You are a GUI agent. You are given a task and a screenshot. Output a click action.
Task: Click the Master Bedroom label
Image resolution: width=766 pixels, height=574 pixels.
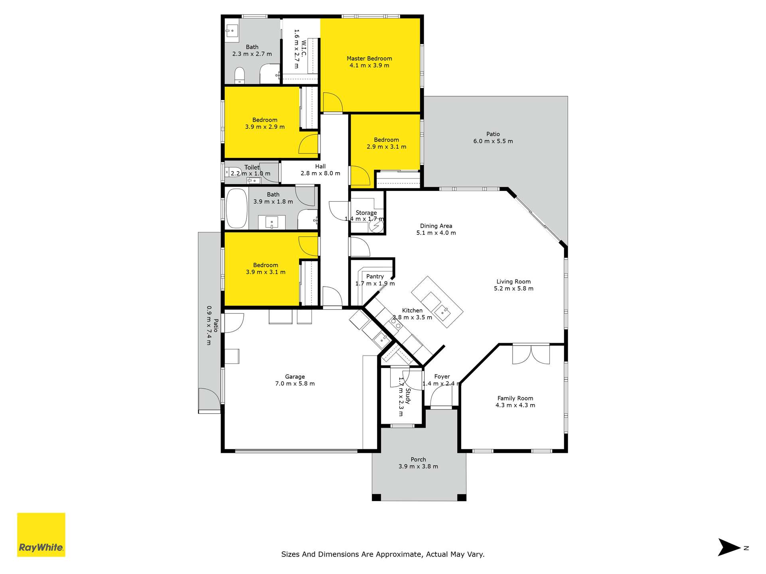(x=369, y=59)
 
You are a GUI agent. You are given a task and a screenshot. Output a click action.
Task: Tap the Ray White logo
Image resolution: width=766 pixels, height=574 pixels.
(x=41, y=535)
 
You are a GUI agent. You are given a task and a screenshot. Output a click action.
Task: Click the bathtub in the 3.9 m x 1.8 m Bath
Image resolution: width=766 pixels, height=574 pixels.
(x=237, y=208)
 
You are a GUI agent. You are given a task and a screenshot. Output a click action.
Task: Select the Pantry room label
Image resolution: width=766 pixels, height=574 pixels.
(x=375, y=277)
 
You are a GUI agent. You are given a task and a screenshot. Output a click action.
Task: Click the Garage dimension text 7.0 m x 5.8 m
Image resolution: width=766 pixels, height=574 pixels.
(x=295, y=384)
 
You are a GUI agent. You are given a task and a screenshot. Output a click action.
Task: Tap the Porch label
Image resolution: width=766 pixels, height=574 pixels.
(x=418, y=460)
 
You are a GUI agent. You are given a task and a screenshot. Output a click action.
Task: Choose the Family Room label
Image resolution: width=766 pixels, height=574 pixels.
(x=515, y=398)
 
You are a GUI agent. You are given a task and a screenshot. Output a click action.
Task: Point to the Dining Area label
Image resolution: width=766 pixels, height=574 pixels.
(x=436, y=226)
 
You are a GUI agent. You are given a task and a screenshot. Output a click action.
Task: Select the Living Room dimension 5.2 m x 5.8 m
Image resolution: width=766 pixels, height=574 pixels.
(x=513, y=289)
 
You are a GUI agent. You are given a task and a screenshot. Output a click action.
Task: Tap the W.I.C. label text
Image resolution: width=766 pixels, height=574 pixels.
(x=304, y=49)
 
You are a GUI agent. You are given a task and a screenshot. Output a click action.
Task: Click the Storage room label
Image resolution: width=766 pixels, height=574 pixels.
(x=366, y=213)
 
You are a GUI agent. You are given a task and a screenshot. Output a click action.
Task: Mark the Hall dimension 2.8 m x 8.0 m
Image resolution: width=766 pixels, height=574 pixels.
(x=320, y=173)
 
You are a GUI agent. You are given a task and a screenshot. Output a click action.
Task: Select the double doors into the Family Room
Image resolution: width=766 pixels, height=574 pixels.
(x=531, y=354)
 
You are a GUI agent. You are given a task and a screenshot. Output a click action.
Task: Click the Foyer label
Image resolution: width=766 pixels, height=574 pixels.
(x=442, y=377)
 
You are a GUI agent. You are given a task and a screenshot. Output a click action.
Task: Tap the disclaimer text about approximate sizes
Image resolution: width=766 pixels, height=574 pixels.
(x=383, y=554)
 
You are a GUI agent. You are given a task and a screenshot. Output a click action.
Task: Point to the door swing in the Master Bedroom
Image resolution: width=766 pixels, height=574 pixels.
(x=333, y=102)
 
